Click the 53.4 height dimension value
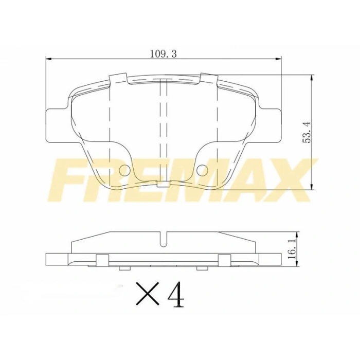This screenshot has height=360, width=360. coord(308,133)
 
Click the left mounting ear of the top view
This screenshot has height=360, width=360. coord(57,124)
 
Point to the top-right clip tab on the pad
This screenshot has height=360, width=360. coord(209,79)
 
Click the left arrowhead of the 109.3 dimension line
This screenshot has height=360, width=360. coord(49,59)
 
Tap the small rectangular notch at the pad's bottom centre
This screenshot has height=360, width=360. coord(164,183)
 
